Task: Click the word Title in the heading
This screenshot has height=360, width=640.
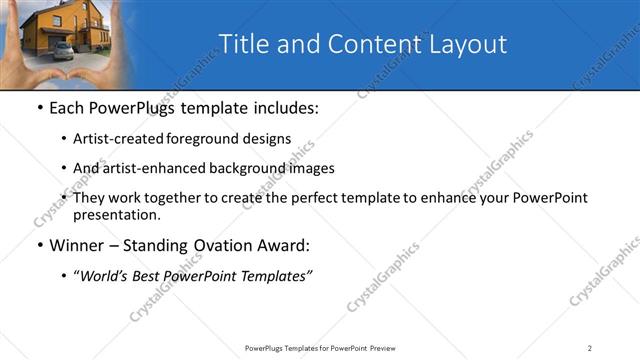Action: (x=242, y=44)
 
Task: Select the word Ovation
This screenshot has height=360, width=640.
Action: (x=228, y=245)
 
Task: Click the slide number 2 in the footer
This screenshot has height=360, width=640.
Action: (x=590, y=347)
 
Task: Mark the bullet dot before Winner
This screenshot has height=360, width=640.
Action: (x=38, y=245)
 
